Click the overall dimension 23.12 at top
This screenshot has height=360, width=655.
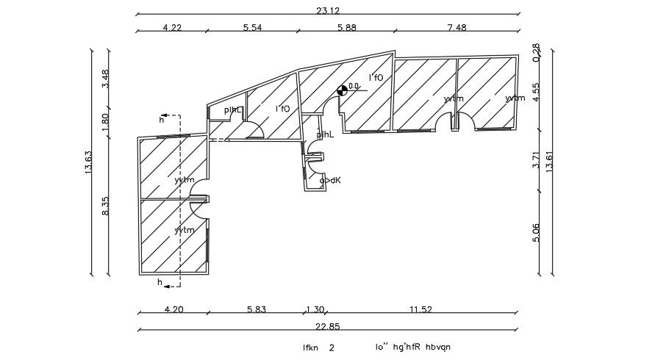327,8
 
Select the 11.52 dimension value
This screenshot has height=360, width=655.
420,309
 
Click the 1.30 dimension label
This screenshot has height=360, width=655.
315,309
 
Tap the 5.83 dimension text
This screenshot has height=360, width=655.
256,309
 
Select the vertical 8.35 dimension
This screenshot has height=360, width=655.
106,205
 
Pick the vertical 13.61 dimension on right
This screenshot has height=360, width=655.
550,159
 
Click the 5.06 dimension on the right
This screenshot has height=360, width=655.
536,232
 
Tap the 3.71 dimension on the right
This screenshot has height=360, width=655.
536,160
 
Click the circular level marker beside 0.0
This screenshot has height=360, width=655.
342,90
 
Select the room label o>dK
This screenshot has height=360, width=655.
330,180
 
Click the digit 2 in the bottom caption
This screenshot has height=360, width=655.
332,348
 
